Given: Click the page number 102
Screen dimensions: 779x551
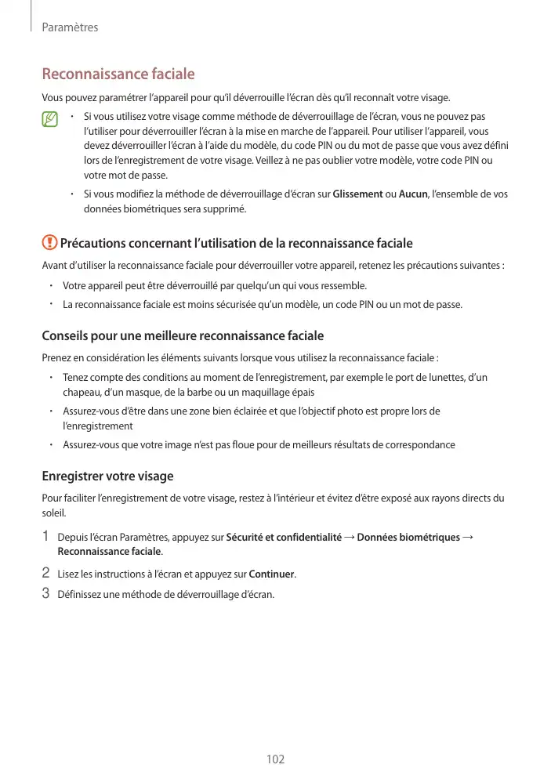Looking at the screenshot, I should tap(275, 759).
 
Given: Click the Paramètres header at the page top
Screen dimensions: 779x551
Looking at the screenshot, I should tap(70, 27).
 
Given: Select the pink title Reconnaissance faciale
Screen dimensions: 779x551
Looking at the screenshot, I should tap(118, 74).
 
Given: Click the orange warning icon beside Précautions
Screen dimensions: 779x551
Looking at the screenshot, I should tap(49, 244).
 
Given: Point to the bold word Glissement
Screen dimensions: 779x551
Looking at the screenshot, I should tap(358, 194).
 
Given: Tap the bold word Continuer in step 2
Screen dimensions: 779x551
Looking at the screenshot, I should tap(271, 574).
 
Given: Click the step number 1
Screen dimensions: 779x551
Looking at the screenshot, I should tap(46, 537).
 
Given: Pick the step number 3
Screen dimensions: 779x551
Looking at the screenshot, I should tap(46, 593).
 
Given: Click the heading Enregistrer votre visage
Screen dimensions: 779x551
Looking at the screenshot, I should tap(107, 476).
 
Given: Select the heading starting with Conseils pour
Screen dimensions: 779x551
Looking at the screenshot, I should tap(182, 336).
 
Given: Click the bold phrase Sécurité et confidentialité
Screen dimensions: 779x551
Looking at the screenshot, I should tap(284, 537).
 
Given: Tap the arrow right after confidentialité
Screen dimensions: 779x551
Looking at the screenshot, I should tap(349, 537).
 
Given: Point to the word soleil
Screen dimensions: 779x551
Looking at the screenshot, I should tap(53, 514).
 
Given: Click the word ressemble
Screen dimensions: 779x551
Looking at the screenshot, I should tap(343, 285).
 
